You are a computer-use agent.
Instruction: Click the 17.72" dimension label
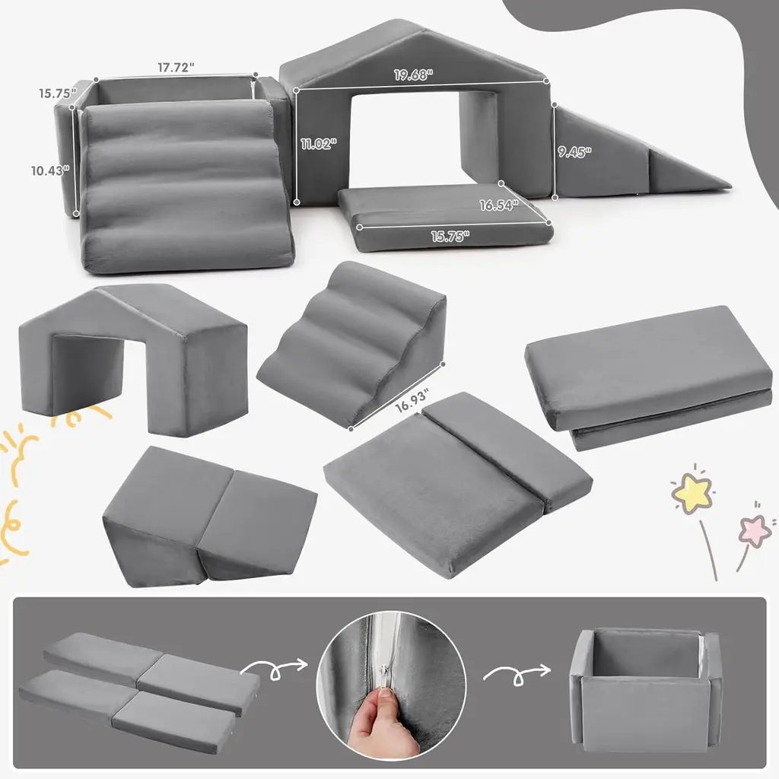[176, 68]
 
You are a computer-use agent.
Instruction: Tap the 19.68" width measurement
[414, 75]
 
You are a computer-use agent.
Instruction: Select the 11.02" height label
[319, 144]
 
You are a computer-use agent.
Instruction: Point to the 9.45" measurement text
[574, 151]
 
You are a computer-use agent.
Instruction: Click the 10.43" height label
[50, 171]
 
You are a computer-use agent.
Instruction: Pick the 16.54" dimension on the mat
[499, 205]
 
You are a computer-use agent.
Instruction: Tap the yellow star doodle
[692, 492]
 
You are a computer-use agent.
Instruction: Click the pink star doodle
[755, 530]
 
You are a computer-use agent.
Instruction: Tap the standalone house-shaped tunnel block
[133, 359]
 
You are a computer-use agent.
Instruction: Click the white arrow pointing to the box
[517, 676]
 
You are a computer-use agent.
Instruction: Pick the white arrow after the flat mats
[274, 668]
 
